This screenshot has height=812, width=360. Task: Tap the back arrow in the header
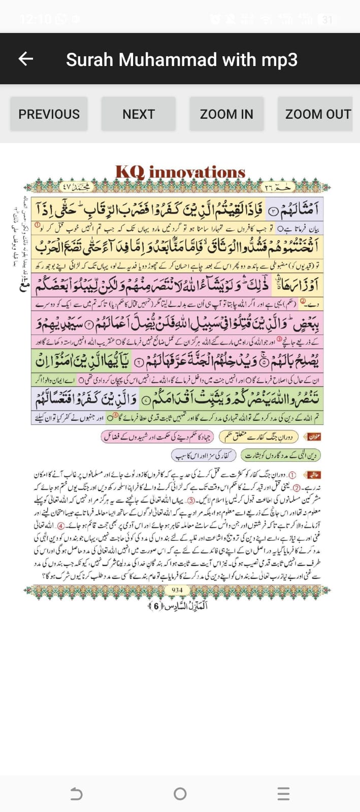coord(25,59)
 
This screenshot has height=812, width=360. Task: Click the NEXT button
coord(138,114)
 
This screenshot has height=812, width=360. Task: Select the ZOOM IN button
coord(226,114)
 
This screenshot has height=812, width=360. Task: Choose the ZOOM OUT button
coord(318,114)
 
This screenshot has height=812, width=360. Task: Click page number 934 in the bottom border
coord(177,590)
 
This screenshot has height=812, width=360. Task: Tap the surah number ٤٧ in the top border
coord(68,186)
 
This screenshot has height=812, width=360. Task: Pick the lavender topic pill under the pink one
coord(203,455)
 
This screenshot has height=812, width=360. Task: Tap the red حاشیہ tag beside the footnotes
coord(313,475)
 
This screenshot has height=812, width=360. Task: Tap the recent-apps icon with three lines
coord(283,794)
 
